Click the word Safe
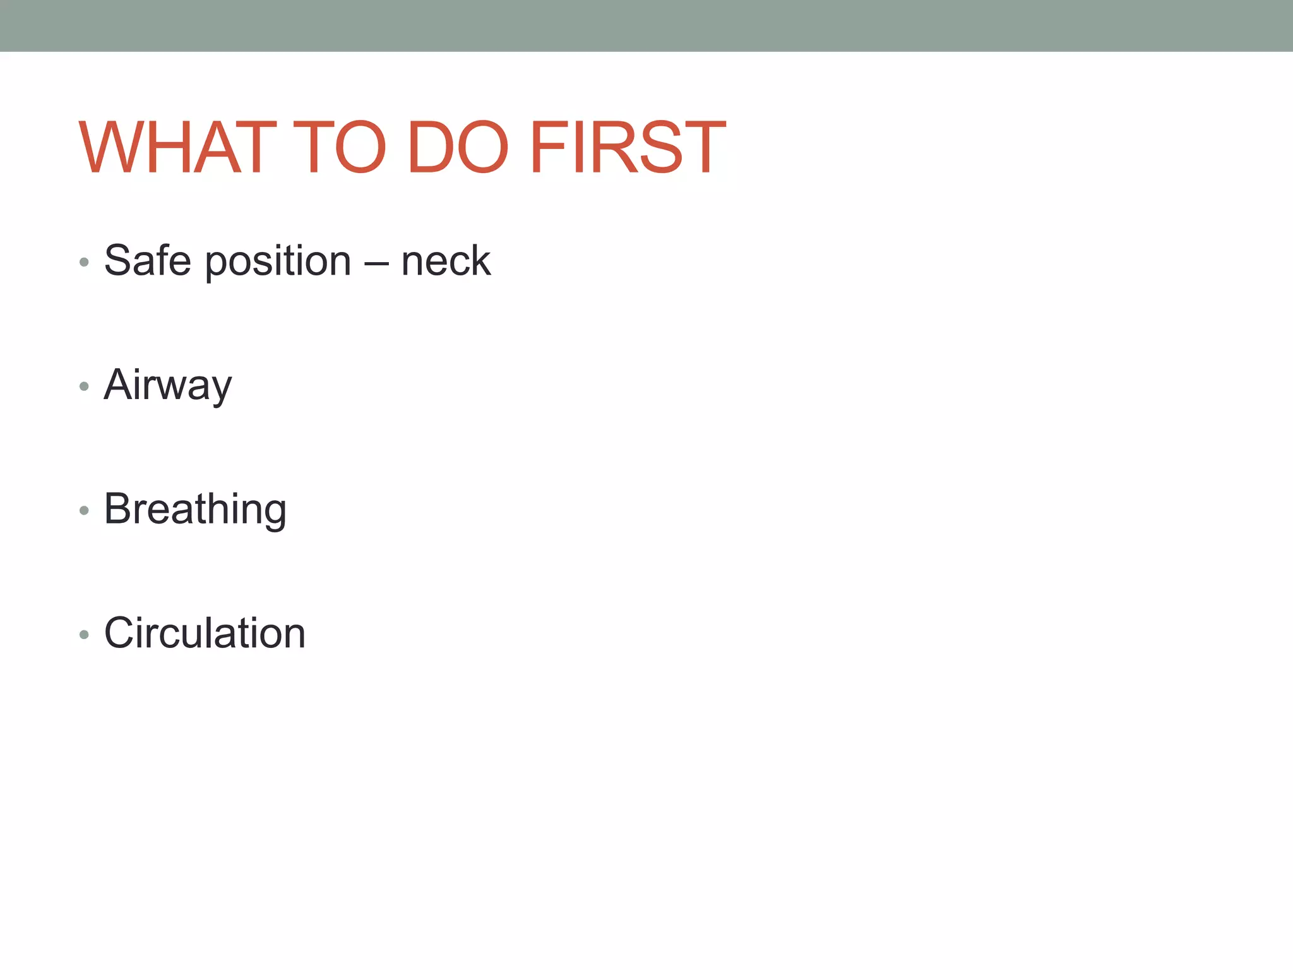[x=147, y=260]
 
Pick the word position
[x=278, y=261]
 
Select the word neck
[x=446, y=260]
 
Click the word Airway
[x=168, y=385]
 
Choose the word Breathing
[x=195, y=509]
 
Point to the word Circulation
[x=205, y=633]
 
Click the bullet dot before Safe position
[x=84, y=261]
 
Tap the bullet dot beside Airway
[x=84, y=386]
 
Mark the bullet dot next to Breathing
[x=84, y=510]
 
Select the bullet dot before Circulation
[x=84, y=634]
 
